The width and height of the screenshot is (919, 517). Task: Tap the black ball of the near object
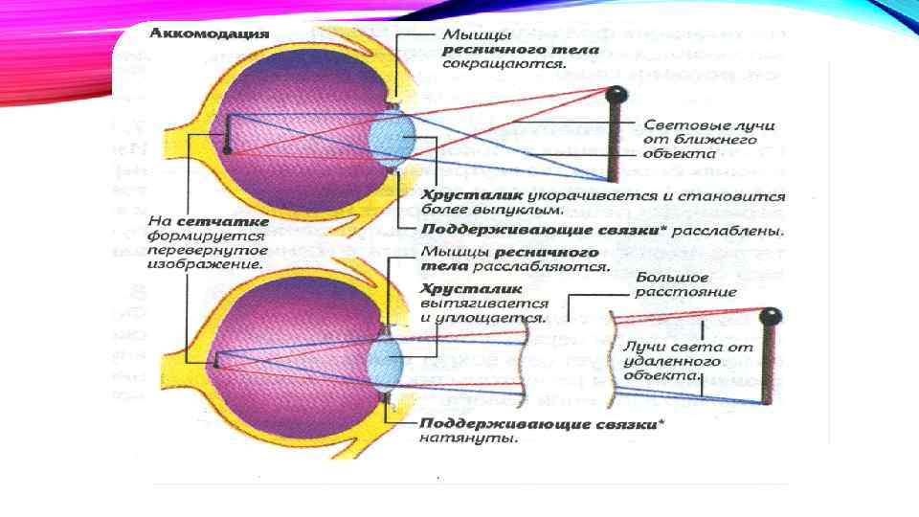point(618,94)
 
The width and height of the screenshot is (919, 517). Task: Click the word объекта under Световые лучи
point(681,153)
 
